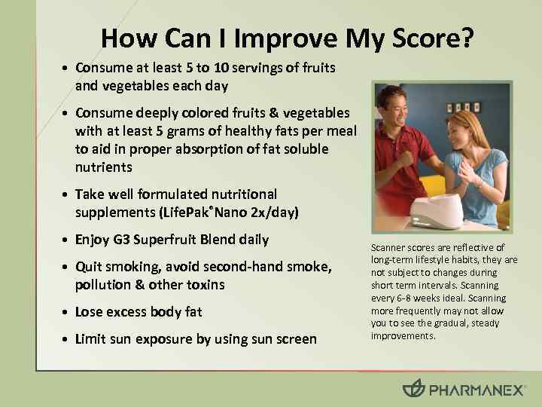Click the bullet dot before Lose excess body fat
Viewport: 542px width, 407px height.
click(x=67, y=313)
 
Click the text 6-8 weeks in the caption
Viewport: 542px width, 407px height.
click(x=397, y=298)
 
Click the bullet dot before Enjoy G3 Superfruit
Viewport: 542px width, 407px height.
click(x=67, y=241)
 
